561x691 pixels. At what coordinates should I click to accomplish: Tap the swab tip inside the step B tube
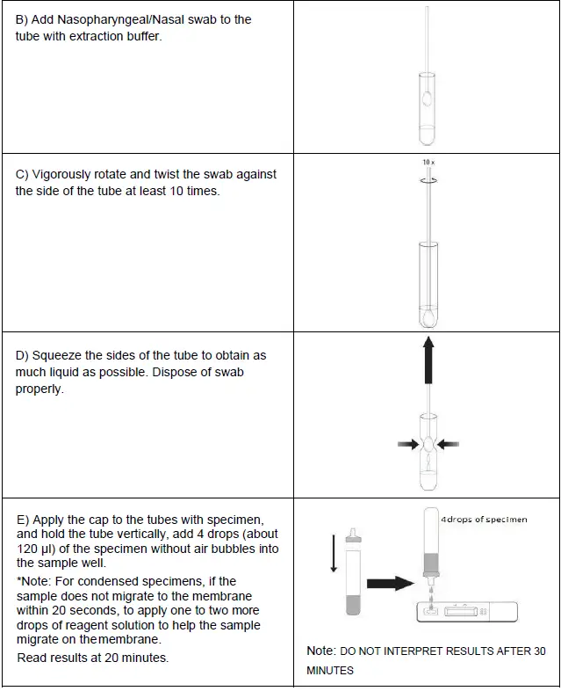click(426, 98)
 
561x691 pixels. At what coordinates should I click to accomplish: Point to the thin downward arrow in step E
click(333, 553)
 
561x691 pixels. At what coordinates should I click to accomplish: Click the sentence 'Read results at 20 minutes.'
click(93, 657)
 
